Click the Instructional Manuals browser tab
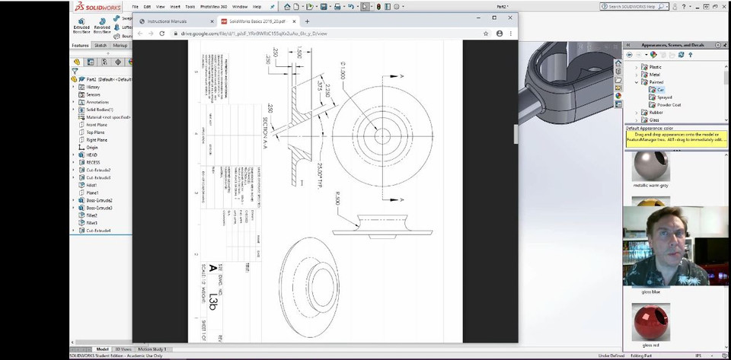pyautogui.click(x=167, y=21)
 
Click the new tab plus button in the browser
pyautogui.click(x=307, y=21)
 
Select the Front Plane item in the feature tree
pyautogui.click(x=96, y=124)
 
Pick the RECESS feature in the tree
pyautogui.click(x=93, y=162)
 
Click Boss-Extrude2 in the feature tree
pyautogui.click(x=99, y=200)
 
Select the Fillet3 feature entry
pyautogui.click(x=92, y=222)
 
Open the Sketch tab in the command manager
pyautogui.click(x=100, y=45)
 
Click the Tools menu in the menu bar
pyautogui.click(x=189, y=7)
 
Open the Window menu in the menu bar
pyautogui.click(x=240, y=7)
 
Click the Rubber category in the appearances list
pyautogui.click(x=656, y=112)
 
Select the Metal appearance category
pyautogui.click(x=654, y=75)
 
